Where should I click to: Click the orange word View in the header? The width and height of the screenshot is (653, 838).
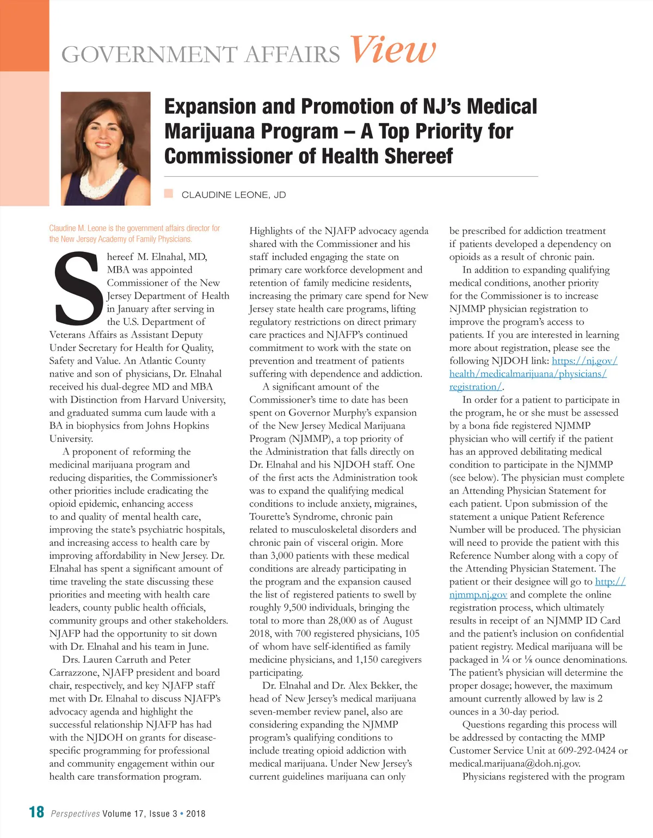coord(392,50)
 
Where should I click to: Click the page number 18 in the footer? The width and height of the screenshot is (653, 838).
coord(36,812)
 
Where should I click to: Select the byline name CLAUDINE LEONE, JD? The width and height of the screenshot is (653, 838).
coord(233,195)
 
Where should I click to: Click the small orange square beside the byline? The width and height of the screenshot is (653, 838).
coord(169,193)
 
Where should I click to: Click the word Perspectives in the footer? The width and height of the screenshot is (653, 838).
coord(75,814)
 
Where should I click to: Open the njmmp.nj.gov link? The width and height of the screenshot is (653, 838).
coord(478,595)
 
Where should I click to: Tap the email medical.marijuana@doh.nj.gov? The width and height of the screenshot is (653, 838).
coord(514,763)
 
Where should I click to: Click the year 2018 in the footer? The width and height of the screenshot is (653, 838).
coord(196,814)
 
